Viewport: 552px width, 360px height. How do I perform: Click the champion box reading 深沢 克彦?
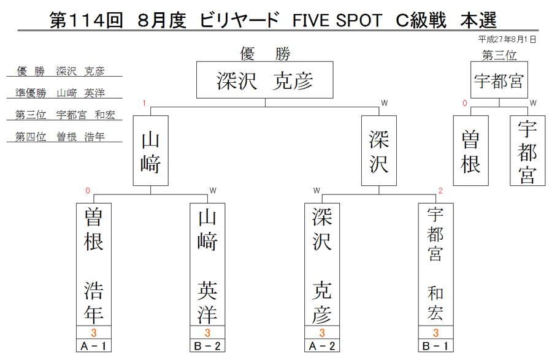coord(265,80)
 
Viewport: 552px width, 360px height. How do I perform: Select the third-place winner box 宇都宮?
coord(499,80)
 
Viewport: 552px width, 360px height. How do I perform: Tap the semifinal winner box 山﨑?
coord(151,151)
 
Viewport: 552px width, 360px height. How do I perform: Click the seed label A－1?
coord(94,346)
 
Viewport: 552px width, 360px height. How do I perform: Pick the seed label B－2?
coord(207,346)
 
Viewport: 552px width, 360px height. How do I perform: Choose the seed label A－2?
coord(322,346)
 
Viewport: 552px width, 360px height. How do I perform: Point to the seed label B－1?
coord(436,346)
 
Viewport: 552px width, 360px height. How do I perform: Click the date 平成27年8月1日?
coord(507,39)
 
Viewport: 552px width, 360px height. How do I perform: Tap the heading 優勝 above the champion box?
coord(265,54)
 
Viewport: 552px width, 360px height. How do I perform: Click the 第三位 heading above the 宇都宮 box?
coord(499,55)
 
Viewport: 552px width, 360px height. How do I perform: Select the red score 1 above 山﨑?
coord(144,103)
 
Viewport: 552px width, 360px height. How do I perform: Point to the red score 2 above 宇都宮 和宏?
coord(440,191)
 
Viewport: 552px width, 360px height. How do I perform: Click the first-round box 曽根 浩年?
coord(94,264)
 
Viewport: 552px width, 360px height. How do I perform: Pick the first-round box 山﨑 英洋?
coord(207,264)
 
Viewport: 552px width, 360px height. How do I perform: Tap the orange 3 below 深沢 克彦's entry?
coord(322,332)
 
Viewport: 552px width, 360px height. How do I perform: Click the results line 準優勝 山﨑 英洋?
coord(60,93)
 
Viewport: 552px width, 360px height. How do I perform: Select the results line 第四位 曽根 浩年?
coord(60,137)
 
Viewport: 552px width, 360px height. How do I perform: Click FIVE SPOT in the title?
coord(337,20)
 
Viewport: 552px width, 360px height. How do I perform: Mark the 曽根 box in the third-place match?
coord(470,151)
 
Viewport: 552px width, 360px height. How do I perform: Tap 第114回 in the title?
coord(86,20)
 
